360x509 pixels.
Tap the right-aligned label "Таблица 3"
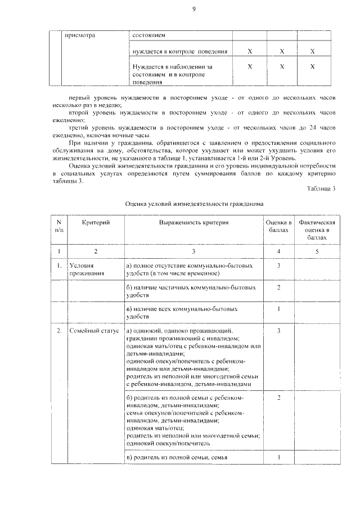(321, 188)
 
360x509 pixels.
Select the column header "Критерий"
(96, 223)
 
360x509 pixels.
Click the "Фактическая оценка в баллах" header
(317, 231)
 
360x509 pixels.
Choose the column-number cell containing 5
(317, 251)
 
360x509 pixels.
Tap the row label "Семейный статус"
(94, 331)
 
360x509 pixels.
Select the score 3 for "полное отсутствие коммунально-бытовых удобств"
(279, 265)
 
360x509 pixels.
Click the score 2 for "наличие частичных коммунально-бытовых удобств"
(279, 287)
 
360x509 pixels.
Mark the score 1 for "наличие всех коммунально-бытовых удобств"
(279, 309)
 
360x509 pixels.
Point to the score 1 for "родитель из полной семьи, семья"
(279, 457)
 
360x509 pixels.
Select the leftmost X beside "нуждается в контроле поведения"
(249, 52)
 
